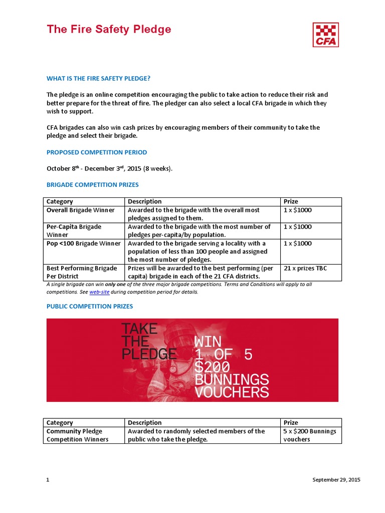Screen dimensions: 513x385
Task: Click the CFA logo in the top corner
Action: click(325, 35)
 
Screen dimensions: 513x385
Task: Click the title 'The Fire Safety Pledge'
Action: click(109, 29)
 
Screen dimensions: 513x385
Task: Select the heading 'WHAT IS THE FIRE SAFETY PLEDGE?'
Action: click(98, 78)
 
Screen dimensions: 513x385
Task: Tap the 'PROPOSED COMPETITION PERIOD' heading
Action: click(97, 152)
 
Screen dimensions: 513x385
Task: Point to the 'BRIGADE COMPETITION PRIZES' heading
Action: click(93, 185)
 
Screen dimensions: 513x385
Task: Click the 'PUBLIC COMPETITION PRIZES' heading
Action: click(90, 306)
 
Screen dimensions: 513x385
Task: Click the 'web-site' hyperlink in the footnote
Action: click(99, 292)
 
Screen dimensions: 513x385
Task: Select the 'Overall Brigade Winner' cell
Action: click(81, 210)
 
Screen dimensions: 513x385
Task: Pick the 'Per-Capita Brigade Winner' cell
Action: click(74, 230)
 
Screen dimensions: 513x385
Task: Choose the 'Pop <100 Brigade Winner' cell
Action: click(84, 243)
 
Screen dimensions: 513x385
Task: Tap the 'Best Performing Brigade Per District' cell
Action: click(82, 272)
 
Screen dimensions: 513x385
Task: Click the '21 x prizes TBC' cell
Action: click(305, 269)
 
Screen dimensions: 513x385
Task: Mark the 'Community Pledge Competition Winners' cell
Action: click(77, 435)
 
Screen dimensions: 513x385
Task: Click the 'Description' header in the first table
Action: click(145, 201)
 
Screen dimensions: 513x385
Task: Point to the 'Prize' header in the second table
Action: click(291, 422)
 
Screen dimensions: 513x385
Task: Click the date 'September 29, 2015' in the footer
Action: click(336, 480)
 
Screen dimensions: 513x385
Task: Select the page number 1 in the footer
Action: click(48, 480)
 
